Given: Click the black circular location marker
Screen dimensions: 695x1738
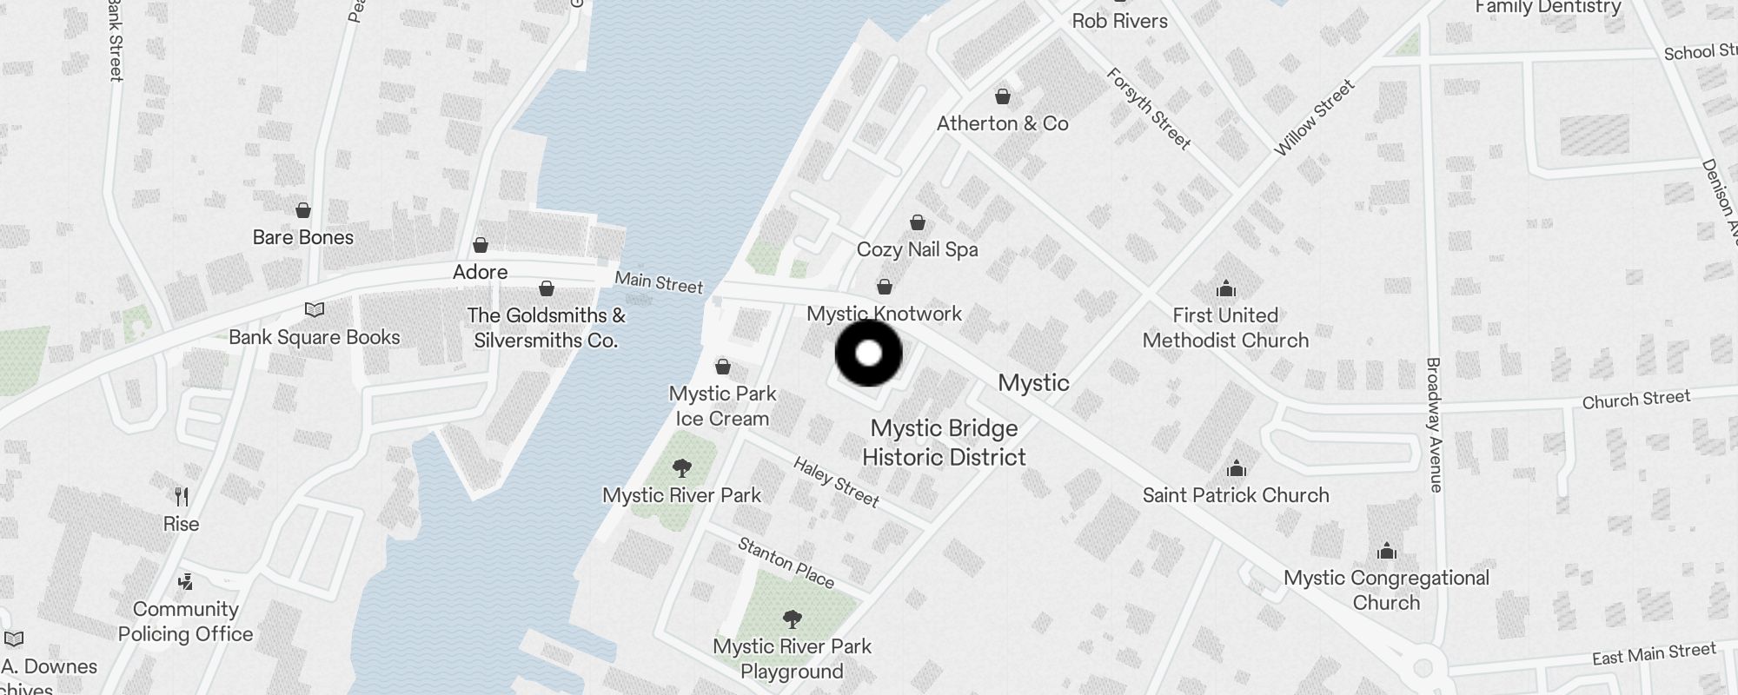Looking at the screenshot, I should [868, 354].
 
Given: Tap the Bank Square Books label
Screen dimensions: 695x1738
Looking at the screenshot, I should [314, 337].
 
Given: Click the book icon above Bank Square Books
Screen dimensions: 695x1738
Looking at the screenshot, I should [314, 310].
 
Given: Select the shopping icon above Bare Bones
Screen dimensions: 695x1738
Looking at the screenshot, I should [302, 210].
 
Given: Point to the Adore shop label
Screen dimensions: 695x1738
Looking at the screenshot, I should [480, 272].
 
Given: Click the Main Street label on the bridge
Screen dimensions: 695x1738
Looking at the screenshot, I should [659, 282].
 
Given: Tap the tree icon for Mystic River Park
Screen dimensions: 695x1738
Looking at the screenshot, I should [682, 469].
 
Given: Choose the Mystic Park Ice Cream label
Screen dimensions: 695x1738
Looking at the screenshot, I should [722, 406].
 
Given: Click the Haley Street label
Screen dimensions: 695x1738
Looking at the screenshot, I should [836, 481].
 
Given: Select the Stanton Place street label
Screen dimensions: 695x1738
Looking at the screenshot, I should [786, 562].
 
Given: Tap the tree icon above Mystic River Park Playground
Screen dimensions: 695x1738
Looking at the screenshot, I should [792, 619].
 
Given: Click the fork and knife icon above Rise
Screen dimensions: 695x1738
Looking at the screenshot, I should [182, 497].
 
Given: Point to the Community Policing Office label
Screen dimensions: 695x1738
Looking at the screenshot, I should [185, 622].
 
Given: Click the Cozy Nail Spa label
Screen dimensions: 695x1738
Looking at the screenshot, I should [917, 249].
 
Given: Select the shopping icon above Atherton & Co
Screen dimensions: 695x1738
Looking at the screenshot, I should [1003, 96].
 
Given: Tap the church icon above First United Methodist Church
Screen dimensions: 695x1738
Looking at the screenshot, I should [1225, 288].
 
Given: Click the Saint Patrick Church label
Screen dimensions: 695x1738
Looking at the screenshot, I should [1236, 495].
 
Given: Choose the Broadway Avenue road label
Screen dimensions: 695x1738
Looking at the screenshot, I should [1434, 425].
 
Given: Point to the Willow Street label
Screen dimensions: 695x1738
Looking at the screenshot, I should [1314, 118].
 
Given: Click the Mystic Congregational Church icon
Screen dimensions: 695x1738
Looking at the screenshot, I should [1386, 551].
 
